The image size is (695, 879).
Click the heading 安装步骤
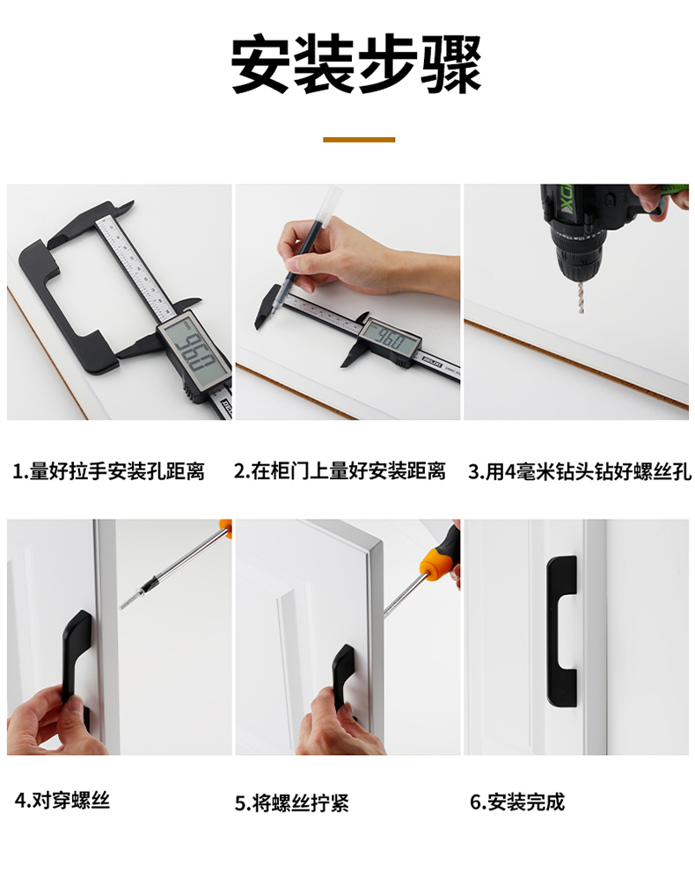click(356, 63)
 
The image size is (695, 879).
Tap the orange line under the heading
click(359, 140)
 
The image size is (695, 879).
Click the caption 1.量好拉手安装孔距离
click(108, 471)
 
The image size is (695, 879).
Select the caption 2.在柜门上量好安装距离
click(340, 471)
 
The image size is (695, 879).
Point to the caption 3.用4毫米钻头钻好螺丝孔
click(580, 471)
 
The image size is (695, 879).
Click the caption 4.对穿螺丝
click(62, 800)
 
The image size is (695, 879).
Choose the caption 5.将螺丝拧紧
click(292, 803)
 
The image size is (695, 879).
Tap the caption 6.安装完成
click(517, 802)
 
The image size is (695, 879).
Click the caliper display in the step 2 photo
click(390, 339)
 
